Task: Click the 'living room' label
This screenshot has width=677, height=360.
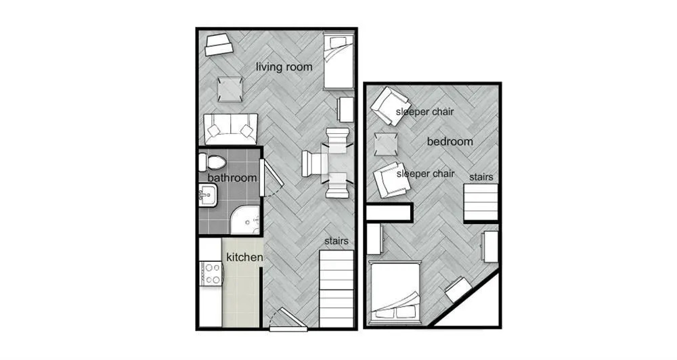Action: click(x=284, y=67)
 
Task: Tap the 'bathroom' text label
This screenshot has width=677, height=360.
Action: click(x=232, y=178)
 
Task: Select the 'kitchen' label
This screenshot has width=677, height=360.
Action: click(x=244, y=257)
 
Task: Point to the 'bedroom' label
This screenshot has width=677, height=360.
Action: click(x=450, y=141)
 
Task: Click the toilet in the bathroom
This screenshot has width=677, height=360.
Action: click(x=212, y=162)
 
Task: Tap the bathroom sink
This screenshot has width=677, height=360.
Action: click(x=208, y=195)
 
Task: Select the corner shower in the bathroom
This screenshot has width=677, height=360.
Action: click(x=244, y=220)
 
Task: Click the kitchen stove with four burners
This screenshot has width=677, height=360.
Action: click(x=211, y=273)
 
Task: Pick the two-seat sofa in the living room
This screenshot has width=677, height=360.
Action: click(x=231, y=129)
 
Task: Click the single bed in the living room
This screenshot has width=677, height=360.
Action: click(x=338, y=62)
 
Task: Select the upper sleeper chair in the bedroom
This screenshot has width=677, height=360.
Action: click(x=391, y=106)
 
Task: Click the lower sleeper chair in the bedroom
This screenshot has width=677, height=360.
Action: click(x=391, y=180)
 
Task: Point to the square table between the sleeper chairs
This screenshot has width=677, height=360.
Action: click(x=386, y=143)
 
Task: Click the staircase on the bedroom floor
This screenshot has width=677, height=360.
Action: click(x=481, y=202)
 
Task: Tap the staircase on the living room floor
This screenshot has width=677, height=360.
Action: click(x=336, y=289)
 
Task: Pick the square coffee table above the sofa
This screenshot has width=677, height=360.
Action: click(x=230, y=89)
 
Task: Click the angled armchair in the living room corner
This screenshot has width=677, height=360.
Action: click(x=219, y=45)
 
